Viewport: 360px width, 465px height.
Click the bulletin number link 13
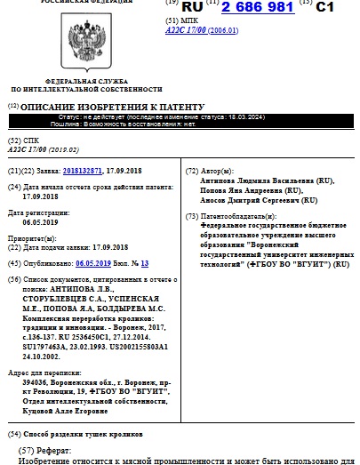coord(144,264)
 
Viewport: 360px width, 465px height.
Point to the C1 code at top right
coord(338,7)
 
